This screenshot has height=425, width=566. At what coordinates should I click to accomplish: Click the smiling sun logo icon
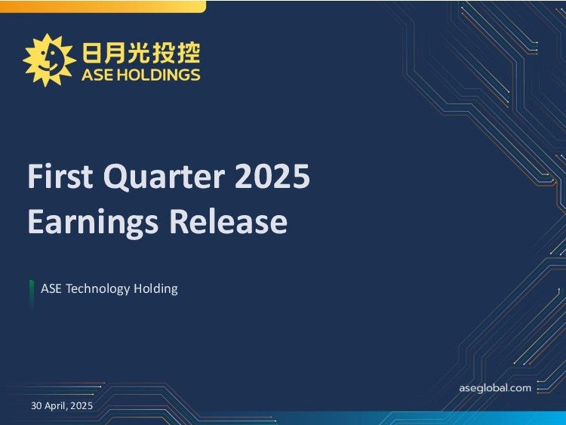[49, 60]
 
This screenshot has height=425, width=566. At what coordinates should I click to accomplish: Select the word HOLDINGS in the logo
[159, 75]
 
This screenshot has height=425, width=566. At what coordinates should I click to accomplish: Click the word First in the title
[60, 176]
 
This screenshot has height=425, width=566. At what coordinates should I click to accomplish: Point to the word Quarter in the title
[165, 177]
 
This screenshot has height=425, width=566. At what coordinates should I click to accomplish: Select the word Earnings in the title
[93, 222]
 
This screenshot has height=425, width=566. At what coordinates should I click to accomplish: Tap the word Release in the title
[229, 221]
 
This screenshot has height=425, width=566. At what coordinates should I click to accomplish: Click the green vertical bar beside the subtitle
[32, 294]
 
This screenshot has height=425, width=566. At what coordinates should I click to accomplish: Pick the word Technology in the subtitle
[97, 289]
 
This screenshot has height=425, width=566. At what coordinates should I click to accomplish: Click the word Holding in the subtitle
[155, 289]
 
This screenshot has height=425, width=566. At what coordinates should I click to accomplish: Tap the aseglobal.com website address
[495, 388]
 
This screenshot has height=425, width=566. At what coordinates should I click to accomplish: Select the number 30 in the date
[36, 405]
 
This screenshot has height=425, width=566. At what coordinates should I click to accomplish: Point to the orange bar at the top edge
[103, 7]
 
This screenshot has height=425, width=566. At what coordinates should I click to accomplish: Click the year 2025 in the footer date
[82, 405]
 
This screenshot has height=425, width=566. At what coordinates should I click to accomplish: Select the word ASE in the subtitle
[51, 288]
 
